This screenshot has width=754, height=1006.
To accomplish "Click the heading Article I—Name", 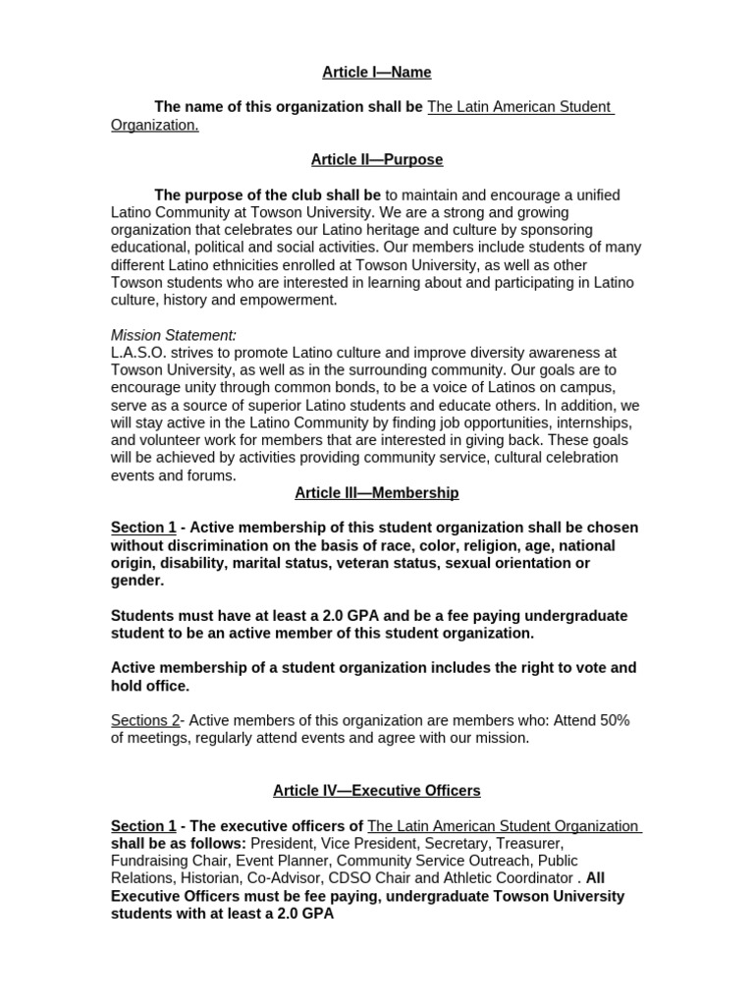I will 377,73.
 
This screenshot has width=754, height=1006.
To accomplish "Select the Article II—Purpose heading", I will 377,159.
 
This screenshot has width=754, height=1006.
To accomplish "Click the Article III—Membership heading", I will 377,492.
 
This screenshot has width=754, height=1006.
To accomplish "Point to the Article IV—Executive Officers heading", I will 377,790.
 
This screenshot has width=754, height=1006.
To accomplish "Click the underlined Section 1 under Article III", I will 143,528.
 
